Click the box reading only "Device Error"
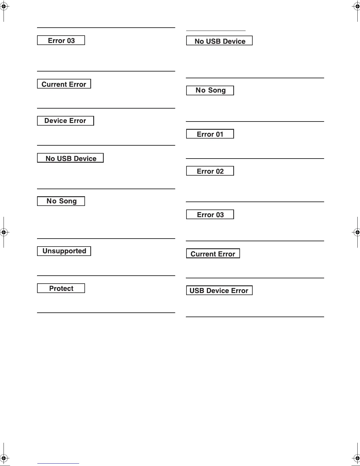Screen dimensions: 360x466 [x=65, y=121]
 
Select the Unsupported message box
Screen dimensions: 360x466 [x=64, y=251]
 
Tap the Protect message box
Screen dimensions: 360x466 [x=61, y=288]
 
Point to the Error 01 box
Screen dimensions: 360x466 [x=210, y=134]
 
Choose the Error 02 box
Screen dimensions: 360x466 [x=210, y=171]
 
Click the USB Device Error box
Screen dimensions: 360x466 [x=219, y=291]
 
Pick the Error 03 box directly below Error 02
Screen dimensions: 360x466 [x=210, y=215]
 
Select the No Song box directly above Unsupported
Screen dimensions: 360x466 [x=61, y=201]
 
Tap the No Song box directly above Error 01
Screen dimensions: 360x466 [x=210, y=91]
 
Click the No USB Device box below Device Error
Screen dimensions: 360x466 [x=70, y=158]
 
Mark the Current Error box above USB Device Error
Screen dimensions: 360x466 [x=213, y=254]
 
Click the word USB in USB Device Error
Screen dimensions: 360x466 [x=197, y=291]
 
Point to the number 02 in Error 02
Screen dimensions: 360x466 [x=220, y=171]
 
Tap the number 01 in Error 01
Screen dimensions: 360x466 [x=219, y=134]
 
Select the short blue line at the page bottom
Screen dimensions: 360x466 [x=58, y=463]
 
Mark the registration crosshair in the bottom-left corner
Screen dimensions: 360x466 [x=4, y=458]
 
